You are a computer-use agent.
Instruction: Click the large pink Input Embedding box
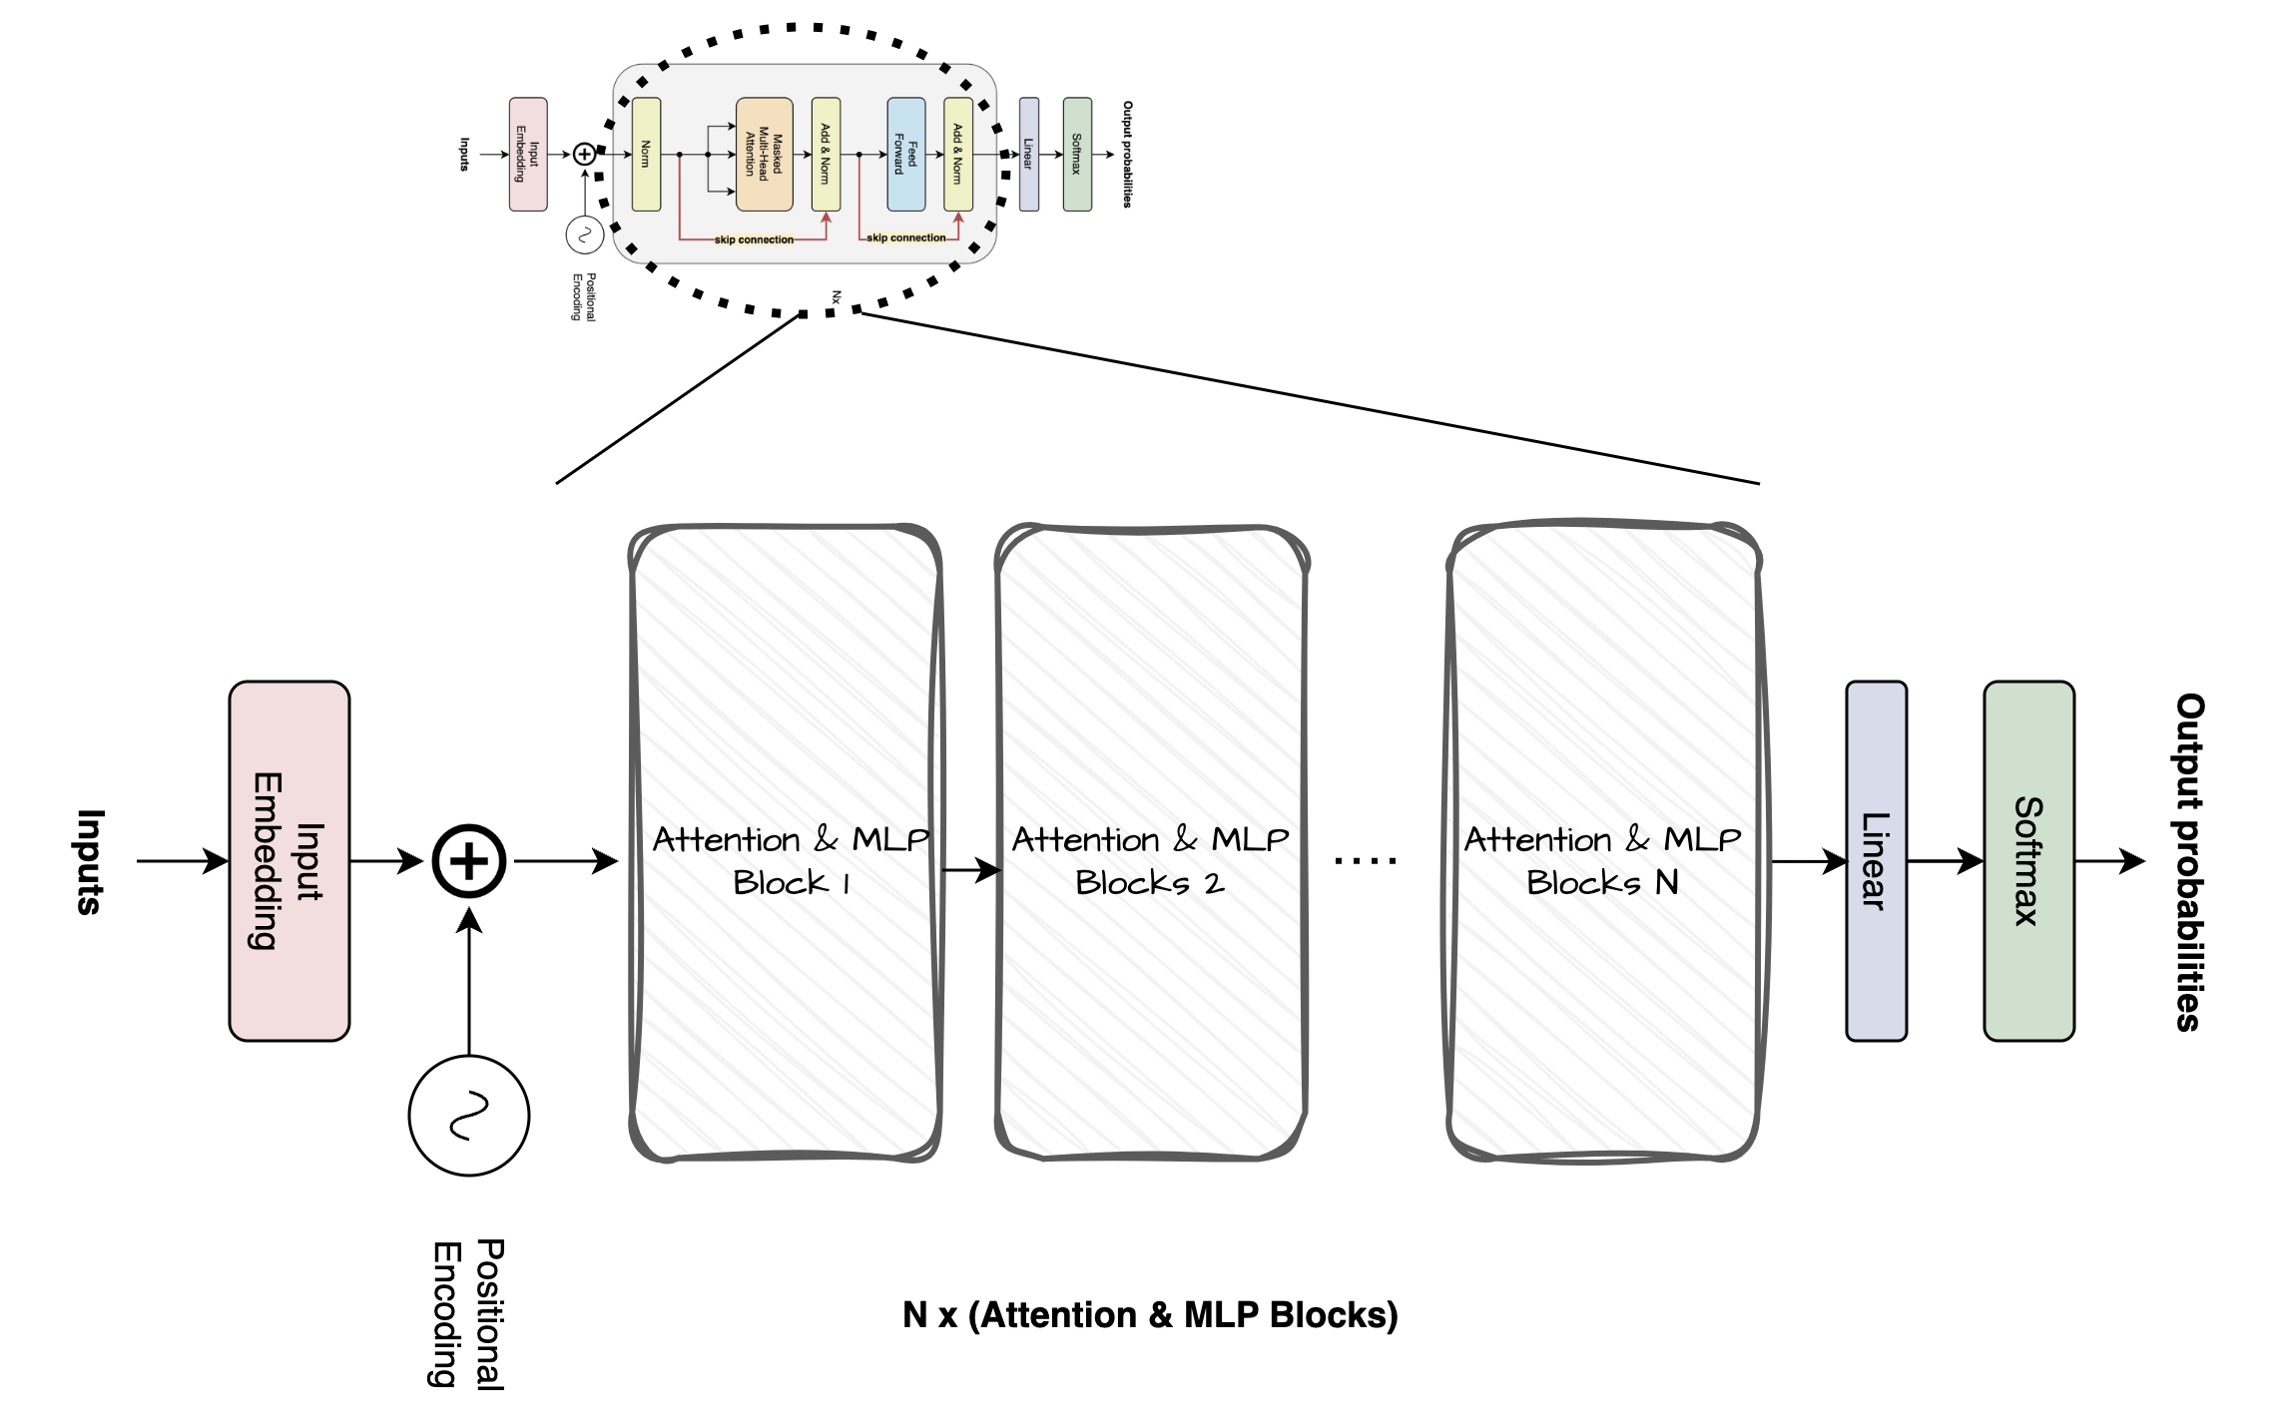(x=289, y=860)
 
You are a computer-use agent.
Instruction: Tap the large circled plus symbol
(x=469, y=861)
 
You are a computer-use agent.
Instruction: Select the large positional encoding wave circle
(x=469, y=1116)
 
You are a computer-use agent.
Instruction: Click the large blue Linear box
(x=1876, y=860)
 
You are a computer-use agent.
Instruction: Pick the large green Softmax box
(x=2028, y=860)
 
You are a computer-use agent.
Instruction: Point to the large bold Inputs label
(x=90, y=861)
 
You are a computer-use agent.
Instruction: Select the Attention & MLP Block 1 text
(x=791, y=860)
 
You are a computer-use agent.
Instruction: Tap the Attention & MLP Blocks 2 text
(x=1150, y=860)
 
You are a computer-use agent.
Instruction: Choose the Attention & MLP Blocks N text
(x=1602, y=860)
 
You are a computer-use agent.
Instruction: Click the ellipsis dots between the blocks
(x=1365, y=860)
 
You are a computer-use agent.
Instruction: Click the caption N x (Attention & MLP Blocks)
(x=1150, y=1315)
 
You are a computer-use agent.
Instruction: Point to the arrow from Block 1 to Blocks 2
(x=970, y=870)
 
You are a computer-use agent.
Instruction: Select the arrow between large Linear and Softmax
(x=1945, y=860)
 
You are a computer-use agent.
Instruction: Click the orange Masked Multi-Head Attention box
(x=765, y=154)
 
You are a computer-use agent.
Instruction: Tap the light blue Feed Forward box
(x=906, y=154)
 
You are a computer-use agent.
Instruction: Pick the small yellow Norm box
(x=647, y=154)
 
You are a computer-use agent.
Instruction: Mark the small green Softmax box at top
(x=1077, y=154)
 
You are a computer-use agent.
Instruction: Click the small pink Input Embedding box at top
(x=528, y=154)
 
